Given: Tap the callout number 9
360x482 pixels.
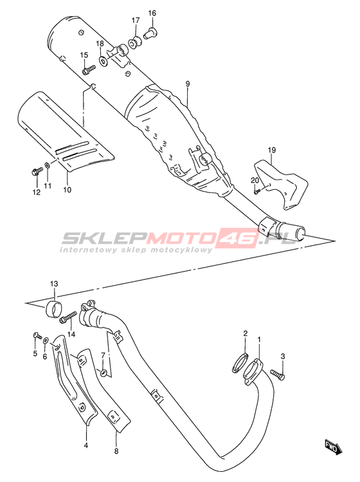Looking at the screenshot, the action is pos(188,84).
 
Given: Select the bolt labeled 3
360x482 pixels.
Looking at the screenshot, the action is pos(277,373).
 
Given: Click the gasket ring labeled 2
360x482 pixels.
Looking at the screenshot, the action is pos(240,363).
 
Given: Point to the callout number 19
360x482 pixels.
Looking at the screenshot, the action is pos(272,150).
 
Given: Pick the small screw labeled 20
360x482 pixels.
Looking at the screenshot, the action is pos(257,191).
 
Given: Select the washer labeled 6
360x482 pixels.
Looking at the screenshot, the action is pos(46,340).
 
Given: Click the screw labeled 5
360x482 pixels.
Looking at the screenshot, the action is pos(37,336).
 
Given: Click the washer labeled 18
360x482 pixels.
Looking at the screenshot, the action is pos(104,61).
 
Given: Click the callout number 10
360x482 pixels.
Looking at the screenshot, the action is pos(67,189).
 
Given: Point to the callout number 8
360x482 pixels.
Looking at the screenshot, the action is pos(116,451).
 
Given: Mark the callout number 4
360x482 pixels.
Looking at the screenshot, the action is pos(86,445).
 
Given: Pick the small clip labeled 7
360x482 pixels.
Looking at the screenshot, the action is pos(104,373).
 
